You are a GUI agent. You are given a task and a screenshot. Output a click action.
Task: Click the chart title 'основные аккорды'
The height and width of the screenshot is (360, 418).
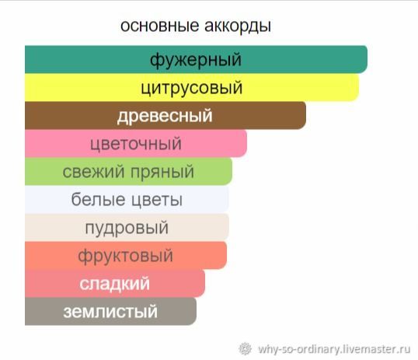tap(196, 26)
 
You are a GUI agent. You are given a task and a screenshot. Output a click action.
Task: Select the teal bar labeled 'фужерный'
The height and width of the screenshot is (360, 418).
tap(197, 59)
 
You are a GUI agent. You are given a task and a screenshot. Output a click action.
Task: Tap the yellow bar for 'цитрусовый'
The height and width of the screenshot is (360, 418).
tap(192, 87)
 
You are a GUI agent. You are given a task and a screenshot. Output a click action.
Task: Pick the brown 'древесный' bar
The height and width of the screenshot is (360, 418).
tap(165, 115)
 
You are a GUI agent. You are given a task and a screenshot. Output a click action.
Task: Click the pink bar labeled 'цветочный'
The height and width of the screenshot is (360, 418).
tap(136, 143)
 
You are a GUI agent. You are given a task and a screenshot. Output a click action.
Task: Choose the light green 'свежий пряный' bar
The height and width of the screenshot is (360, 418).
tap(128, 171)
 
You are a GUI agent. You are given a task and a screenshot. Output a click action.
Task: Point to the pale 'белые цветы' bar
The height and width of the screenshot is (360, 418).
tap(127, 199)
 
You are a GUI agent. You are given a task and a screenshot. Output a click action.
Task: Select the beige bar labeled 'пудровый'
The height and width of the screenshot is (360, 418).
tap(127, 227)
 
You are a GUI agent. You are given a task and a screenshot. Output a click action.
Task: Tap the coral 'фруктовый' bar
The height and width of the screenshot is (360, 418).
tap(126, 255)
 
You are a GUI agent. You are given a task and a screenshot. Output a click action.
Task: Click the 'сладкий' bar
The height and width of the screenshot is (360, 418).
tap(115, 283)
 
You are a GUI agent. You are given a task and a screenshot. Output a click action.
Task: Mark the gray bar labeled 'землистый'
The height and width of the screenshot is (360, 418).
tap(110, 312)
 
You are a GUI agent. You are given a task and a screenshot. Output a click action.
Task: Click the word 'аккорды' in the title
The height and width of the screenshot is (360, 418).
tap(238, 26)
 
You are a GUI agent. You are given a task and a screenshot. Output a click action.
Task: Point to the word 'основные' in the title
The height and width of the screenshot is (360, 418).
tap(160, 26)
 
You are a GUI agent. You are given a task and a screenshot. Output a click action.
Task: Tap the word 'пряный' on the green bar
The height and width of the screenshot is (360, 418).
tap(162, 172)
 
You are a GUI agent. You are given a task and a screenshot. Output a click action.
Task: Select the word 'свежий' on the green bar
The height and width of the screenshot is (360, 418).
tap(93, 171)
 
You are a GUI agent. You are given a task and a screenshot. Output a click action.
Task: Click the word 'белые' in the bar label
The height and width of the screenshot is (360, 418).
tap(98, 199)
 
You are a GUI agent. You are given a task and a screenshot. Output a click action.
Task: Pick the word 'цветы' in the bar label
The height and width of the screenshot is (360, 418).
tap(157, 200)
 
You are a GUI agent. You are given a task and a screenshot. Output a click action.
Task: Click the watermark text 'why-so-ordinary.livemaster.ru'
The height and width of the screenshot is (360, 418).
tap(334, 349)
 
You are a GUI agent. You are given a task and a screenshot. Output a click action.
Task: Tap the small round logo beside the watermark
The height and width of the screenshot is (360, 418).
tap(245, 348)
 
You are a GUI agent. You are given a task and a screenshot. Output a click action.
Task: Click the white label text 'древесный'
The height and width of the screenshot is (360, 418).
tap(165, 116)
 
